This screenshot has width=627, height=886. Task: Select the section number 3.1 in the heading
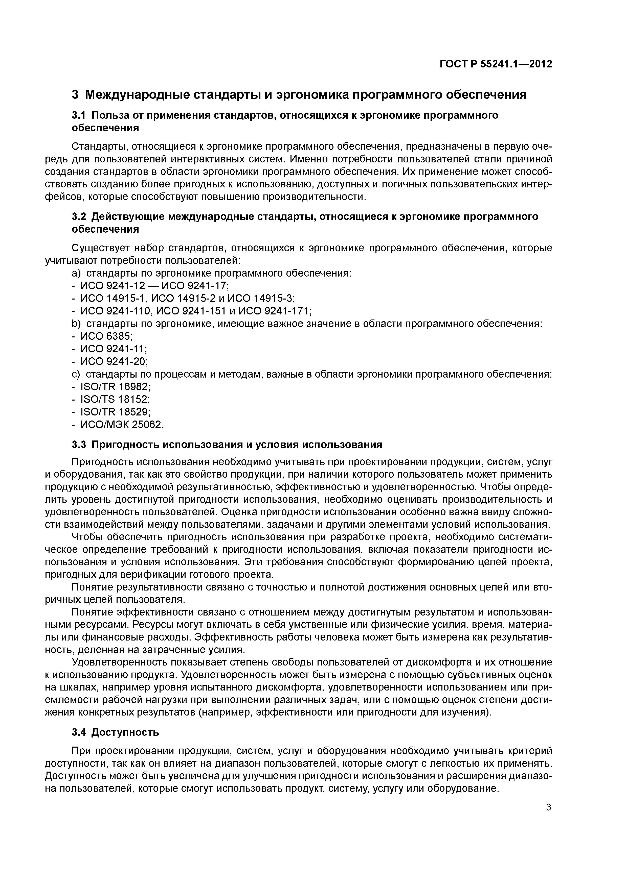(x=80, y=115)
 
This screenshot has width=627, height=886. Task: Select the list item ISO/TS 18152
(x=115, y=399)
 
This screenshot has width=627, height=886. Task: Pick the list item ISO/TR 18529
(x=115, y=412)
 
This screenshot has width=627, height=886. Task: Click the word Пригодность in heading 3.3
(x=126, y=445)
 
